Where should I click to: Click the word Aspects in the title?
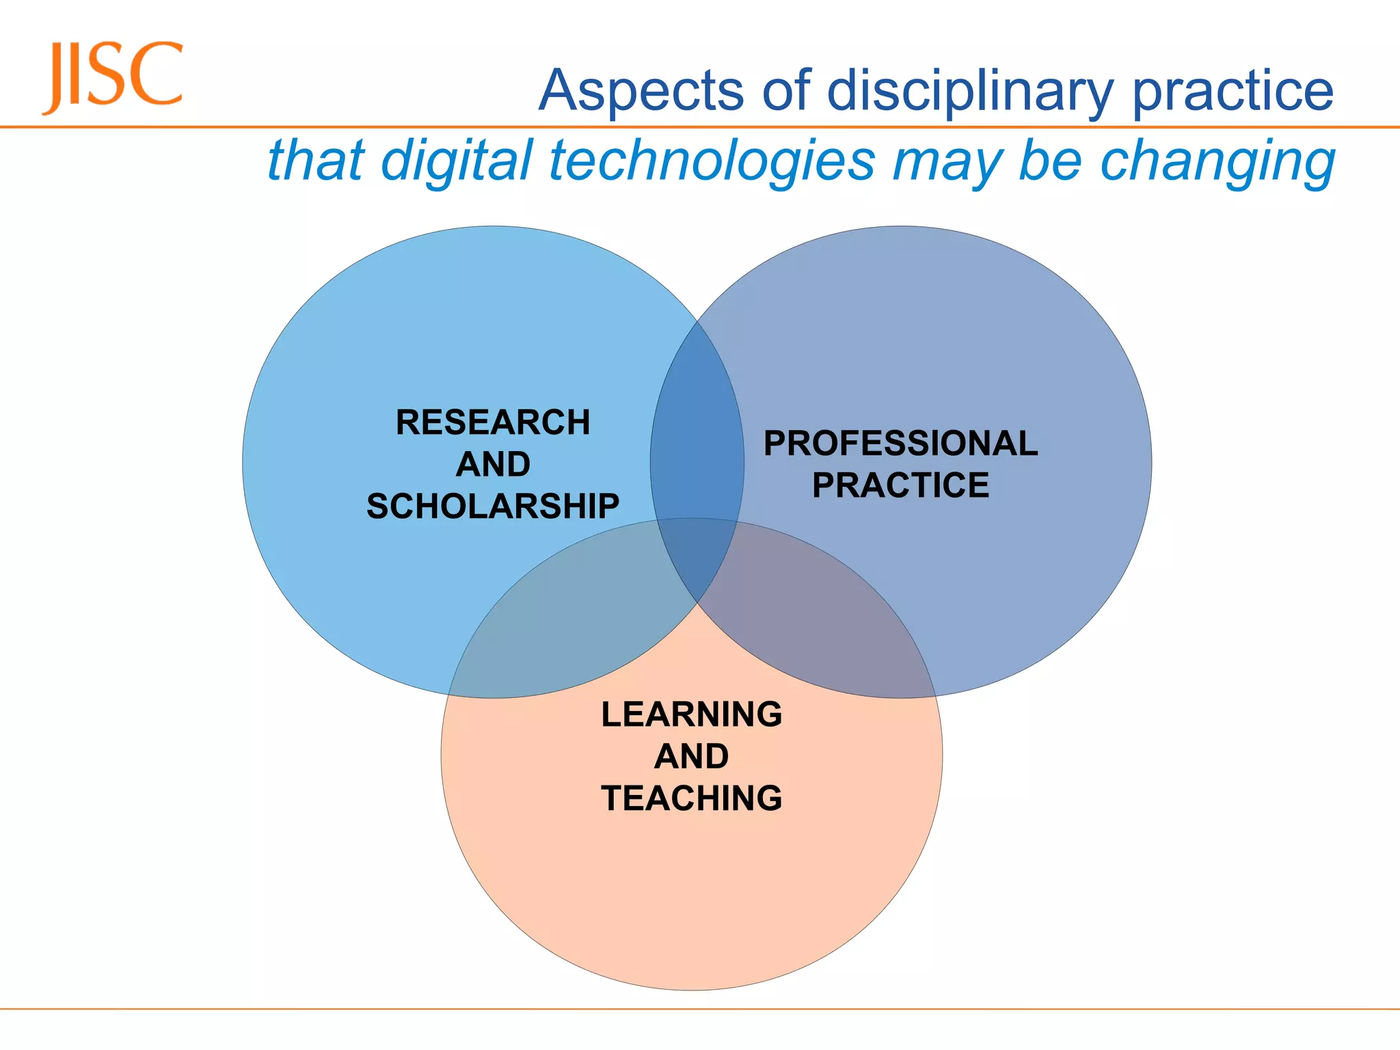click(641, 91)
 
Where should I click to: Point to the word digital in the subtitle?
click(456, 161)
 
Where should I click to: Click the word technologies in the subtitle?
click(712, 162)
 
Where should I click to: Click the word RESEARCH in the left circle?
click(493, 422)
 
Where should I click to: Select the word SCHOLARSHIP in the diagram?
click(493, 507)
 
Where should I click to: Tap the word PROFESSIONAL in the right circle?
click(901, 443)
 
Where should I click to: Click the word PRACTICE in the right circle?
click(901, 485)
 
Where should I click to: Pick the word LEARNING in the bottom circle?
click(692, 714)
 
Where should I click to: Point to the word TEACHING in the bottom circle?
click(692, 798)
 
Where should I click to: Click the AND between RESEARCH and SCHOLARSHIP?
click(493, 465)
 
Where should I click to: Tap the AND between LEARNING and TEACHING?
click(692, 756)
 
